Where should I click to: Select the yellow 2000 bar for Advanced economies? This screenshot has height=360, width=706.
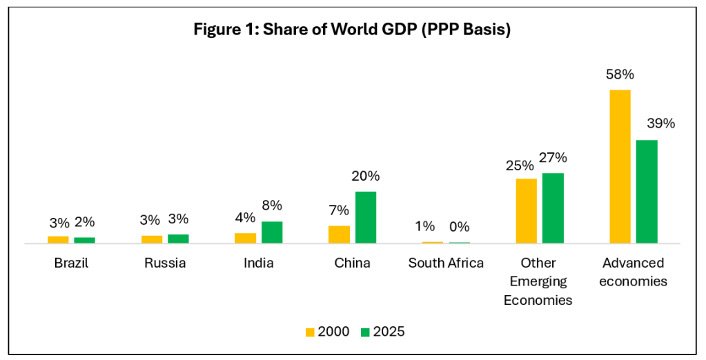pos(620,166)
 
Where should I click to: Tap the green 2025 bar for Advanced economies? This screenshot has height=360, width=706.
pos(647,191)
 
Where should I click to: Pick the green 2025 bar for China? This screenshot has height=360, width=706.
pos(366,217)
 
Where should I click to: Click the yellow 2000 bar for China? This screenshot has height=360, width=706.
pos(339,234)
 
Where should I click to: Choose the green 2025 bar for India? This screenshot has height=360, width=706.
pos(272,232)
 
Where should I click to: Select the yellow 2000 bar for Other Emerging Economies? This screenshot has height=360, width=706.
pos(527,210)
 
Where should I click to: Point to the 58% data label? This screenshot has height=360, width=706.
pos(620,74)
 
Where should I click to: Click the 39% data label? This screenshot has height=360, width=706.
pos(660,124)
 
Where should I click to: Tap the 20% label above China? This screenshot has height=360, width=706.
pos(366,176)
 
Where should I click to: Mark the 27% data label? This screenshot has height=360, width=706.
pos(553,157)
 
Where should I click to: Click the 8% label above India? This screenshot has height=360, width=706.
pos(272,206)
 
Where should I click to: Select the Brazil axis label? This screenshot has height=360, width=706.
pos(71,263)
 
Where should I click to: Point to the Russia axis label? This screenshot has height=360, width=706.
pos(165,263)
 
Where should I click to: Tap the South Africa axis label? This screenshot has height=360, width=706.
pos(446,263)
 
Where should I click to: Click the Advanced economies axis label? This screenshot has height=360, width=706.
pos(633,272)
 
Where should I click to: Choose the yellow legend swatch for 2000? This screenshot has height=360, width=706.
pos(310,332)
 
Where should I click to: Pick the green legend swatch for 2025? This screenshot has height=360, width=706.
pos(364,332)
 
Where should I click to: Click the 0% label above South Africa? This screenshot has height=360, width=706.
pos(459,226)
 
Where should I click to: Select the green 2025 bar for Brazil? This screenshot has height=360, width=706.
pos(84,240)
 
